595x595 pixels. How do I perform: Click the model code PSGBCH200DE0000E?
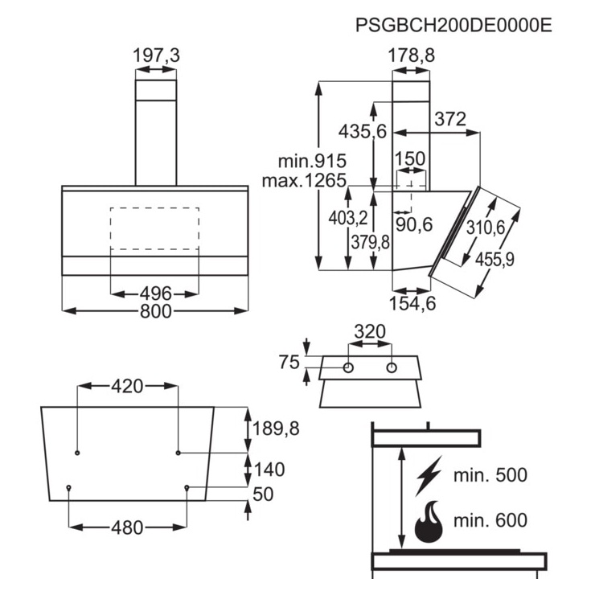tap(453, 26)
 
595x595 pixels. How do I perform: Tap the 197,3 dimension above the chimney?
tap(156, 55)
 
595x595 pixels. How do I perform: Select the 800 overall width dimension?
tap(155, 311)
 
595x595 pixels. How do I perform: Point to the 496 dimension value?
tap(155, 293)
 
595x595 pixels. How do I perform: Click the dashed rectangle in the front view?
tap(154, 228)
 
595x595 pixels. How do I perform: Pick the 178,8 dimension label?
tap(412, 55)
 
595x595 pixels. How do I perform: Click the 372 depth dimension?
tap(450, 119)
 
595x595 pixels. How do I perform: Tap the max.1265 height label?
tap(304, 180)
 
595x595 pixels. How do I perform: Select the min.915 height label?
tap(312, 161)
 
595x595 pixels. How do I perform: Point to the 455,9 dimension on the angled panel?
tap(494, 260)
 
